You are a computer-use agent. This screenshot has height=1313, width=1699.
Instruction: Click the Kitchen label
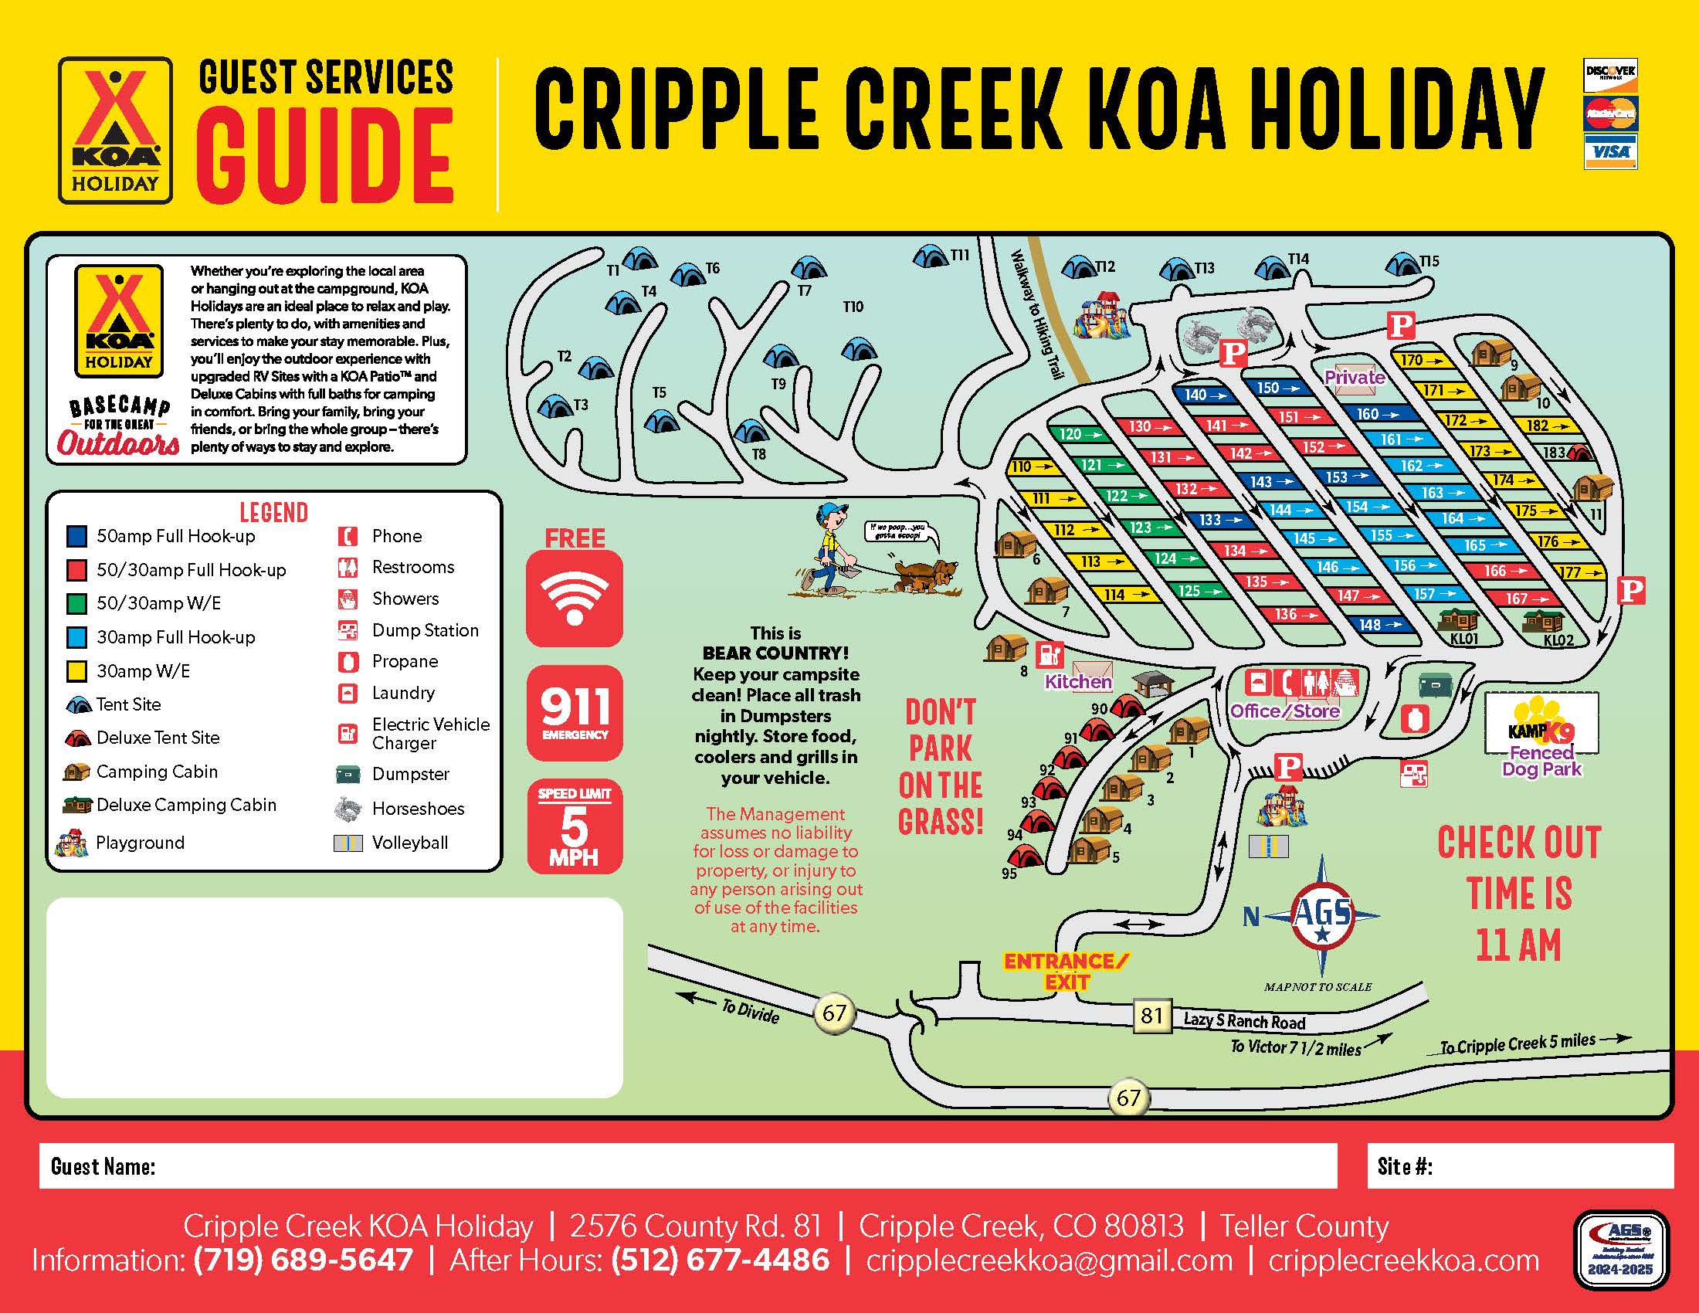coord(1077,682)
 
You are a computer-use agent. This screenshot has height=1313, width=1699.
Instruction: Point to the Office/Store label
coord(1284,711)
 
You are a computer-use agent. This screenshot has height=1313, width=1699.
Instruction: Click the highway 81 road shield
coord(1151,1016)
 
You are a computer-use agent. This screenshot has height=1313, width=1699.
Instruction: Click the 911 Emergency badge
coord(574,713)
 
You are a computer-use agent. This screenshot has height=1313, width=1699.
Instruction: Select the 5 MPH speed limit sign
coord(574,826)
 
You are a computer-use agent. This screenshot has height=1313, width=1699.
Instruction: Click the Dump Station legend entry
coord(424,630)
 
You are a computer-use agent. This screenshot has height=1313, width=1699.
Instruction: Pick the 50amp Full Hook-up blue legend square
coord(77,536)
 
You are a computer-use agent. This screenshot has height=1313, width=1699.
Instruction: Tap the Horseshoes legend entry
coord(417,809)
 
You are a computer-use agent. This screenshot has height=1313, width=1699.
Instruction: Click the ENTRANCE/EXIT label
coord(1065,972)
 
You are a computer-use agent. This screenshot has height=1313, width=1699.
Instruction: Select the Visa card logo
coord(1610,151)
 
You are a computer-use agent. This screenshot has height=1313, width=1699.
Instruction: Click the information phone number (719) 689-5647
coord(304,1260)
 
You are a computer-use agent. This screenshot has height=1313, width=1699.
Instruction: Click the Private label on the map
coord(1355,377)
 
